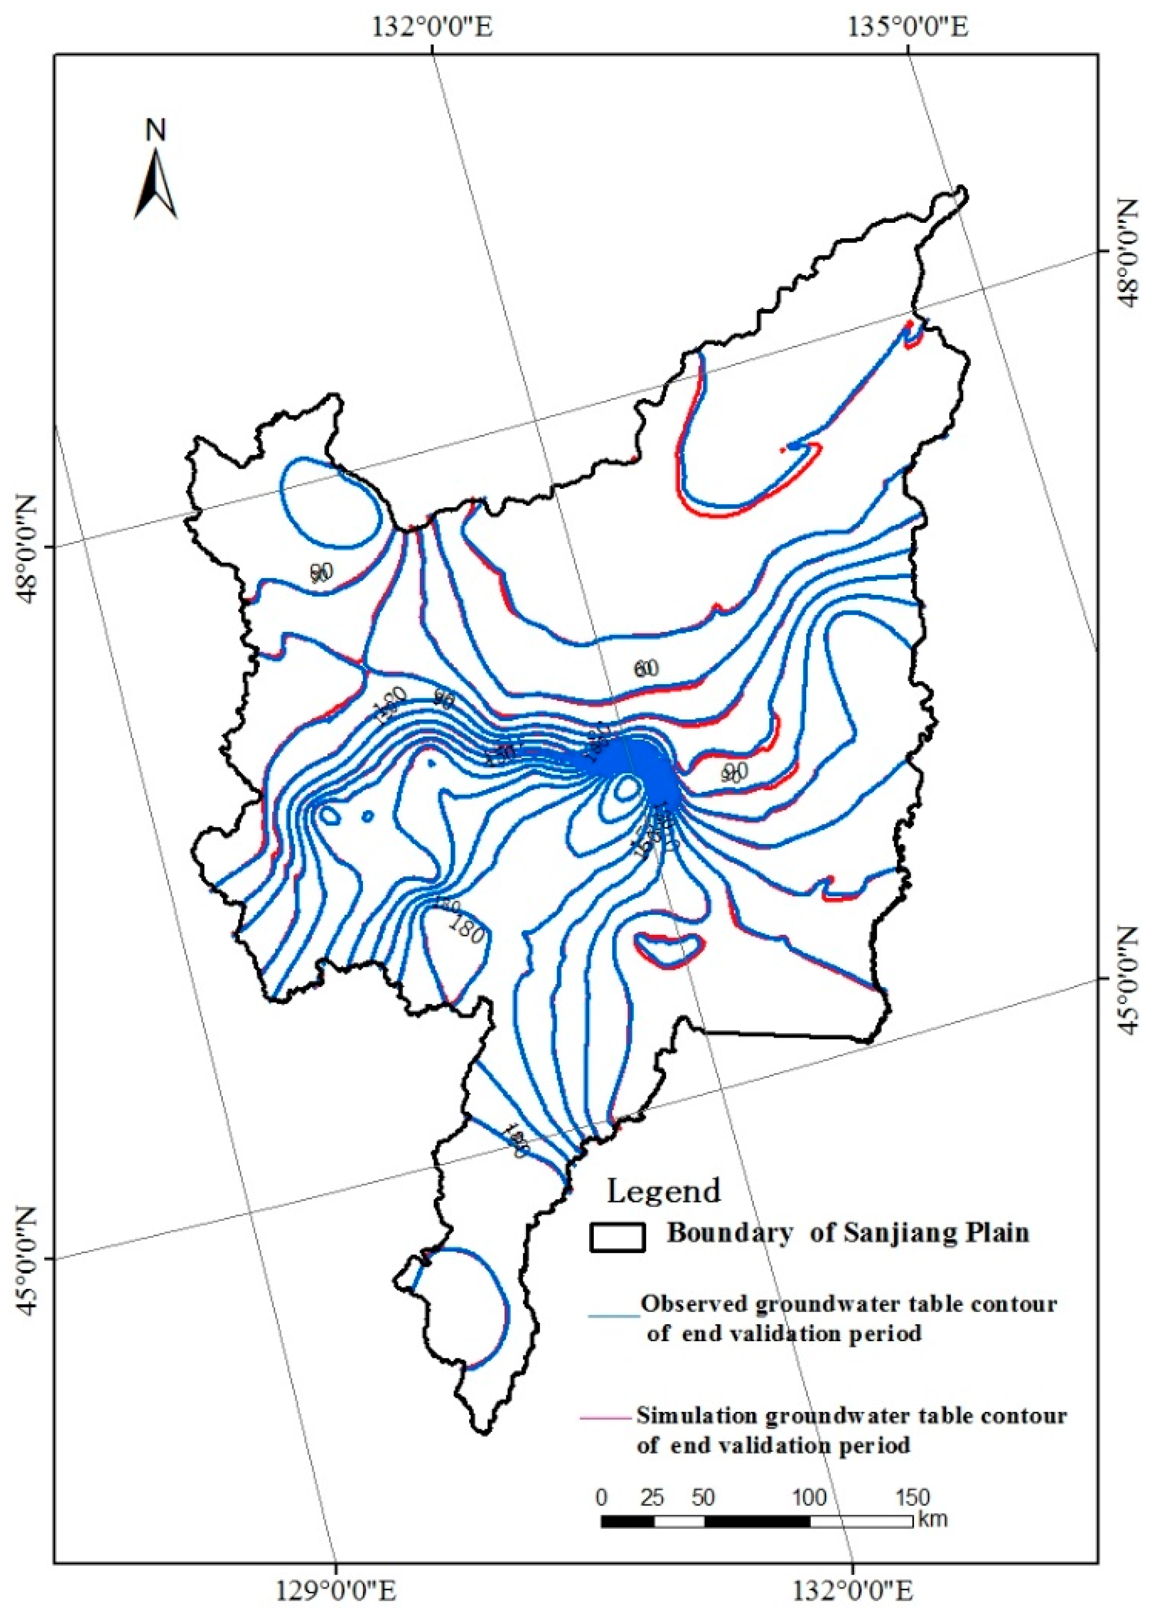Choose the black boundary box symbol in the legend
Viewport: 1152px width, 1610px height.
tap(616, 1237)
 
